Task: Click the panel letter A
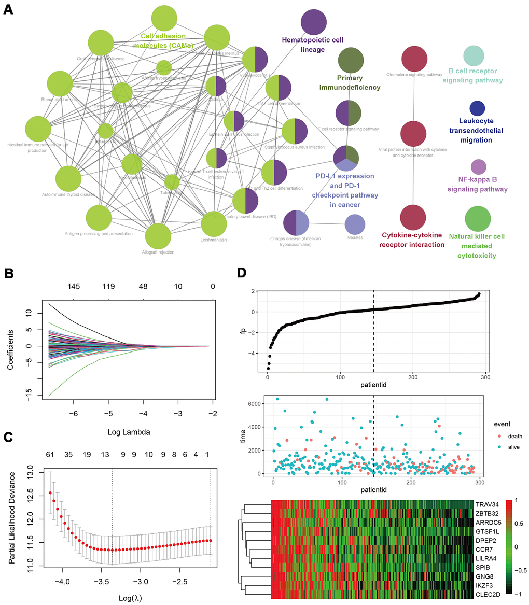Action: (9, 10)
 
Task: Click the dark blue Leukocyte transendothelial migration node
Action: (477, 108)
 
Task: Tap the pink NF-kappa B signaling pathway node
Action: (478, 167)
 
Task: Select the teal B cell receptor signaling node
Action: (474, 55)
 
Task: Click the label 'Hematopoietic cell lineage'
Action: (303, 44)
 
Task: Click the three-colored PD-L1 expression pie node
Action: (345, 157)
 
